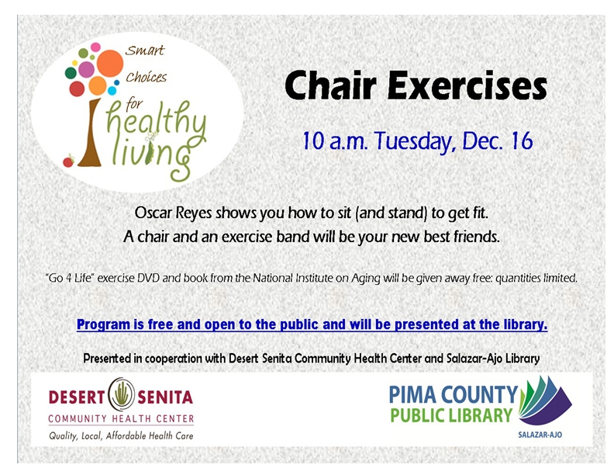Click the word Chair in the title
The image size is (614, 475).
click(x=330, y=85)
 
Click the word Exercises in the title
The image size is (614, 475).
click(x=467, y=85)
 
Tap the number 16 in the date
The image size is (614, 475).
click(x=523, y=140)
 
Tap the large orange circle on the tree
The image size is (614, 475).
click(x=110, y=63)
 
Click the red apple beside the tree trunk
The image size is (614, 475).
click(x=68, y=161)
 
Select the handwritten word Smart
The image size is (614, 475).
click(x=144, y=50)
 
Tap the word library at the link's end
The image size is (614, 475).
click(x=526, y=324)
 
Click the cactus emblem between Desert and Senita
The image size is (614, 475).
click(x=122, y=394)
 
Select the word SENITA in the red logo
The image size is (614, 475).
click(x=165, y=397)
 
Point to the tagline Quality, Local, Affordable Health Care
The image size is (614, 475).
click(x=121, y=435)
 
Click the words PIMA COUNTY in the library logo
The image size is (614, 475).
click(x=454, y=394)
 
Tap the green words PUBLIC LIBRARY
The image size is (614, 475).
click(x=451, y=415)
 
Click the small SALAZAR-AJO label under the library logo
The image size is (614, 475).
click(x=540, y=435)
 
